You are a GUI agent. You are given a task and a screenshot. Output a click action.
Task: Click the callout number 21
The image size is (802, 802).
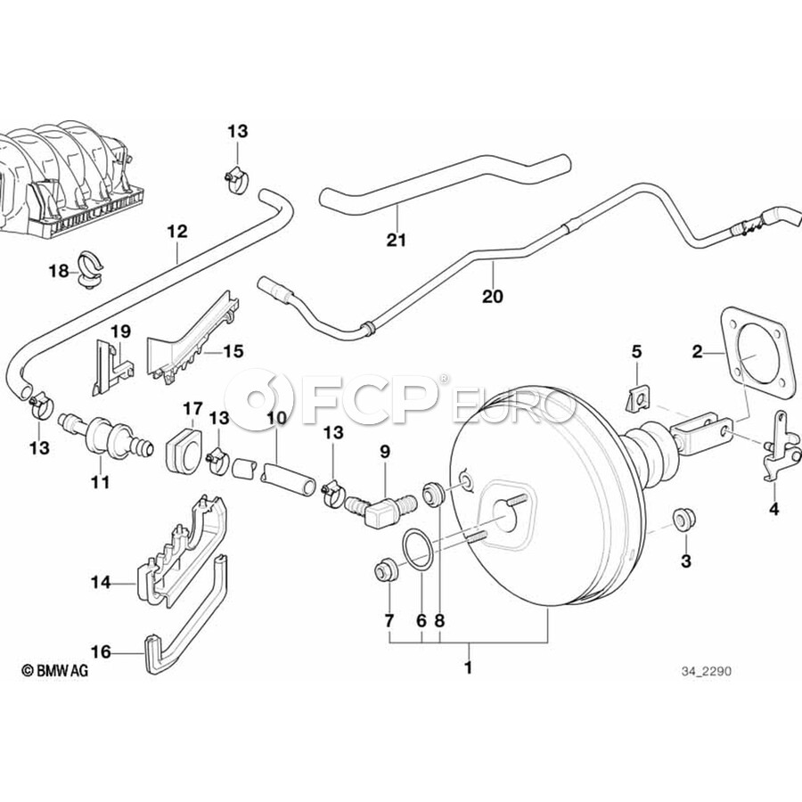pyautogui.click(x=397, y=240)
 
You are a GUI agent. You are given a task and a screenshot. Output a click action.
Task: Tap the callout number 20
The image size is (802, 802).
pyautogui.click(x=492, y=296)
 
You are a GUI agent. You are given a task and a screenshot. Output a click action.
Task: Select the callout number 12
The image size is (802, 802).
pyautogui.click(x=177, y=232)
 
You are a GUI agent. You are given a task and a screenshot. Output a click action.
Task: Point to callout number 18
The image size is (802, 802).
pyautogui.click(x=58, y=271)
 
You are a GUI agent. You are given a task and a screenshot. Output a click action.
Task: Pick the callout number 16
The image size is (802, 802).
pyautogui.click(x=101, y=652)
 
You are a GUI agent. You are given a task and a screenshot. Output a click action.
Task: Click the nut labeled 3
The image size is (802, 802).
pyautogui.click(x=683, y=520)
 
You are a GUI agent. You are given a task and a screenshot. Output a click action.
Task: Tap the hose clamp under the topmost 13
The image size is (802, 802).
pyautogui.click(x=235, y=181)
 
